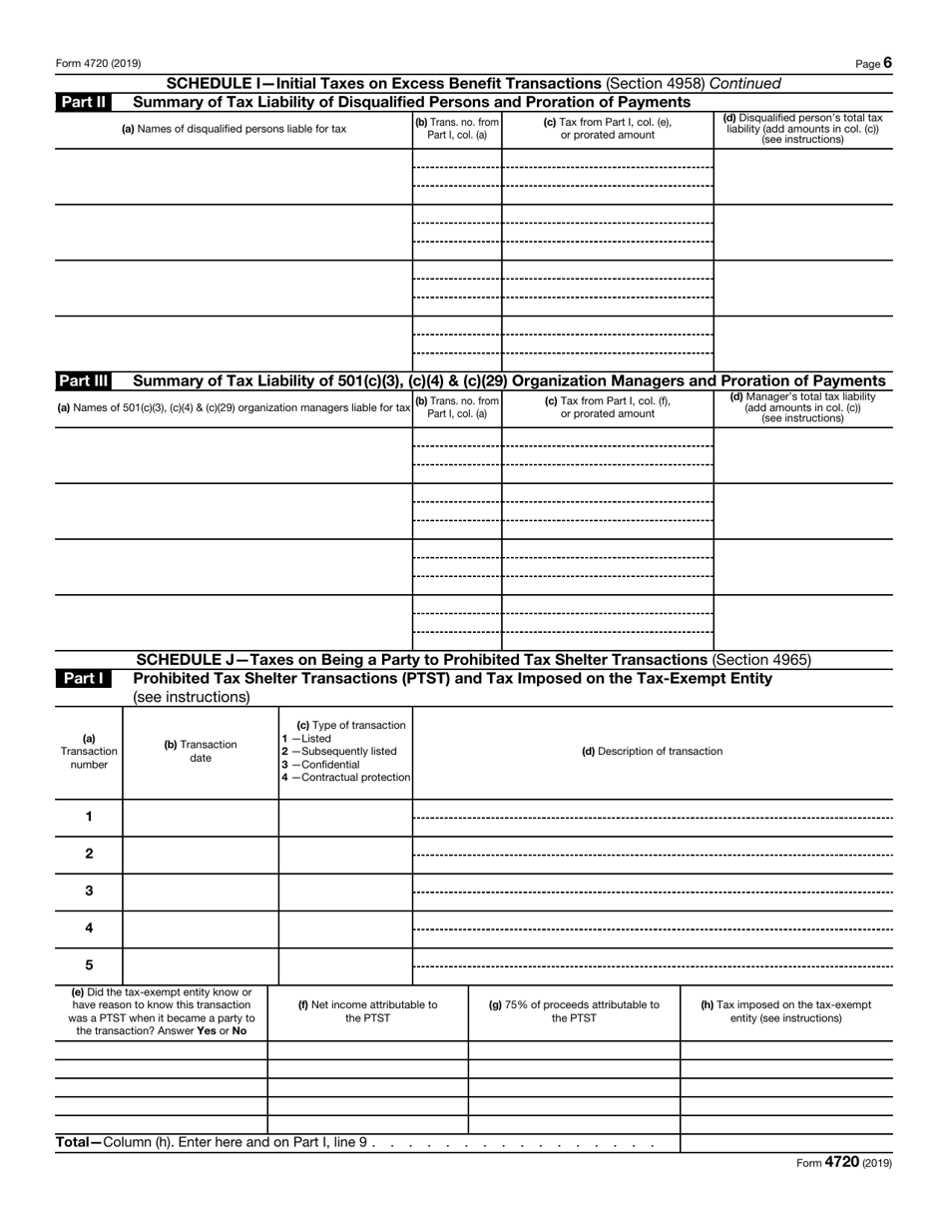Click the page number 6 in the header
(887, 63)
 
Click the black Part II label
(85, 102)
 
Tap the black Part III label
(85, 380)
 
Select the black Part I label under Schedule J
(85, 679)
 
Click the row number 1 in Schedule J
(89, 817)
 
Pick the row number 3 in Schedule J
(89, 891)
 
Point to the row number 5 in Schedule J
(89, 965)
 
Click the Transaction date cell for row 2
(201, 854)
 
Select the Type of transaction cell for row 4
(345, 928)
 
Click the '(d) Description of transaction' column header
(653, 752)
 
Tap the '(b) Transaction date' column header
(201, 752)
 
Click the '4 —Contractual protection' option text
(345, 778)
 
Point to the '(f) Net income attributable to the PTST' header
(368, 1011)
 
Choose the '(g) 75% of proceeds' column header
(574, 1011)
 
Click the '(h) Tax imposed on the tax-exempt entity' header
(786, 1011)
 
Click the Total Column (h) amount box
(786, 1142)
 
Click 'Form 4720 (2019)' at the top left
(98, 64)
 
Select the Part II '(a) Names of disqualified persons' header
(234, 129)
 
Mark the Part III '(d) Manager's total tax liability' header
(803, 407)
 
